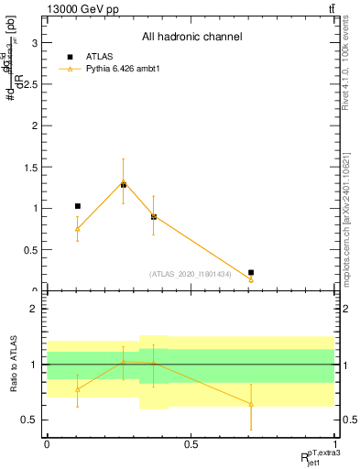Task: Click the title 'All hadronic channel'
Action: [x=191, y=38]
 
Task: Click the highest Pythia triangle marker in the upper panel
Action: [x=123, y=183]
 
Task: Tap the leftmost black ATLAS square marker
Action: [x=78, y=206]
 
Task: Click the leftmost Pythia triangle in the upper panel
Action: [x=78, y=229]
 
